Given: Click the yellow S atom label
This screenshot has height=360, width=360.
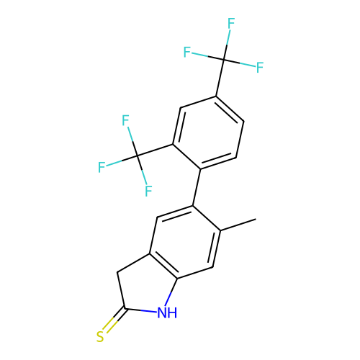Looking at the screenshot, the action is click(x=100, y=337).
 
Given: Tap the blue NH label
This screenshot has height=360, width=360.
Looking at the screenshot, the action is click(x=167, y=312).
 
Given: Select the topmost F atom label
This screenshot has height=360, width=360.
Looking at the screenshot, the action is click(x=231, y=23).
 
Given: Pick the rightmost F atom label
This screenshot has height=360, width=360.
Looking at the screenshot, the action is click(x=260, y=68).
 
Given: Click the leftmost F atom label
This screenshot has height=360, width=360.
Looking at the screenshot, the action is click(x=102, y=167).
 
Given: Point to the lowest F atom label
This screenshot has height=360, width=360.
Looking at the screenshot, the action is click(x=148, y=191).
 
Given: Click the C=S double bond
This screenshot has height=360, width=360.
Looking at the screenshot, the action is click(x=113, y=320).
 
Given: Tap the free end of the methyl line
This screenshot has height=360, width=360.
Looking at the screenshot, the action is click(x=256, y=219).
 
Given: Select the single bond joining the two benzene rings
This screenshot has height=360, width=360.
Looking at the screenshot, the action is click(x=197, y=187).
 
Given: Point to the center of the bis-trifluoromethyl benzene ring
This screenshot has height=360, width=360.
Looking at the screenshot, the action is click(x=208, y=132).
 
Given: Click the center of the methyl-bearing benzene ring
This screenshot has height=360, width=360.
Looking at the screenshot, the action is click(x=185, y=242).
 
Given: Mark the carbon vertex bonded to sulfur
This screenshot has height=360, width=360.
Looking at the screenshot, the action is click(x=125, y=308).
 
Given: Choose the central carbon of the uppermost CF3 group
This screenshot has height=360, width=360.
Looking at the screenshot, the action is click(x=224, y=60).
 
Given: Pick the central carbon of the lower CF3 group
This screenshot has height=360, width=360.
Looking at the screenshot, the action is click(x=137, y=156).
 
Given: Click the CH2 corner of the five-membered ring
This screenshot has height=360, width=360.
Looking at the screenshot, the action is click(x=117, y=272).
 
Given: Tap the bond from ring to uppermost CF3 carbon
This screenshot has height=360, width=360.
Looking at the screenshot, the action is click(x=220, y=78).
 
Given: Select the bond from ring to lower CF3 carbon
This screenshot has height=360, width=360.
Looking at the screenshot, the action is click(x=155, y=150).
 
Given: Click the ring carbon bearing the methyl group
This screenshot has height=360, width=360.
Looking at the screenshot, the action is click(x=220, y=230).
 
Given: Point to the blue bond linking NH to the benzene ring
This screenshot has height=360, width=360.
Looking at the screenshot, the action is click(x=172, y=292).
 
